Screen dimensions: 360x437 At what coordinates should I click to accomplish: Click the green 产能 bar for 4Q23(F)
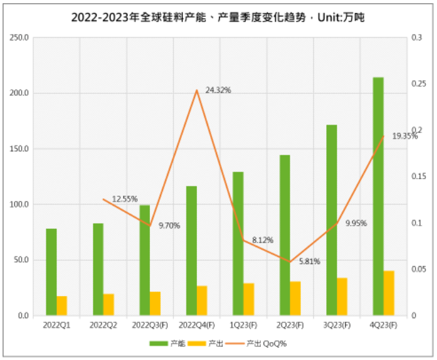(378, 196)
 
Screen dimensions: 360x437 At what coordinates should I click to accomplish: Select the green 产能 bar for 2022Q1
(51, 272)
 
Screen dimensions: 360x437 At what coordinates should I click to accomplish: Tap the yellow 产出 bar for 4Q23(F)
(389, 293)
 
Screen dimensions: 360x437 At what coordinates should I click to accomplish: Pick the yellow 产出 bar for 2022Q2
(108, 305)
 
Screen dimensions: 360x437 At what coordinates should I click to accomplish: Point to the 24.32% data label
(218, 90)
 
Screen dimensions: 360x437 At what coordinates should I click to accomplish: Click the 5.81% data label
(310, 262)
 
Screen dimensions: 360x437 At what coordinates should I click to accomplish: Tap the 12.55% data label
(125, 199)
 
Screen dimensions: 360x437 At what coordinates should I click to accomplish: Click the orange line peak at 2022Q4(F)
(196, 90)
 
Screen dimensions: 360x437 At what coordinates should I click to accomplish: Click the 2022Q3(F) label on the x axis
(150, 324)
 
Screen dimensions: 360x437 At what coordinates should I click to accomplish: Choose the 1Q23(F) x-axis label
(243, 324)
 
